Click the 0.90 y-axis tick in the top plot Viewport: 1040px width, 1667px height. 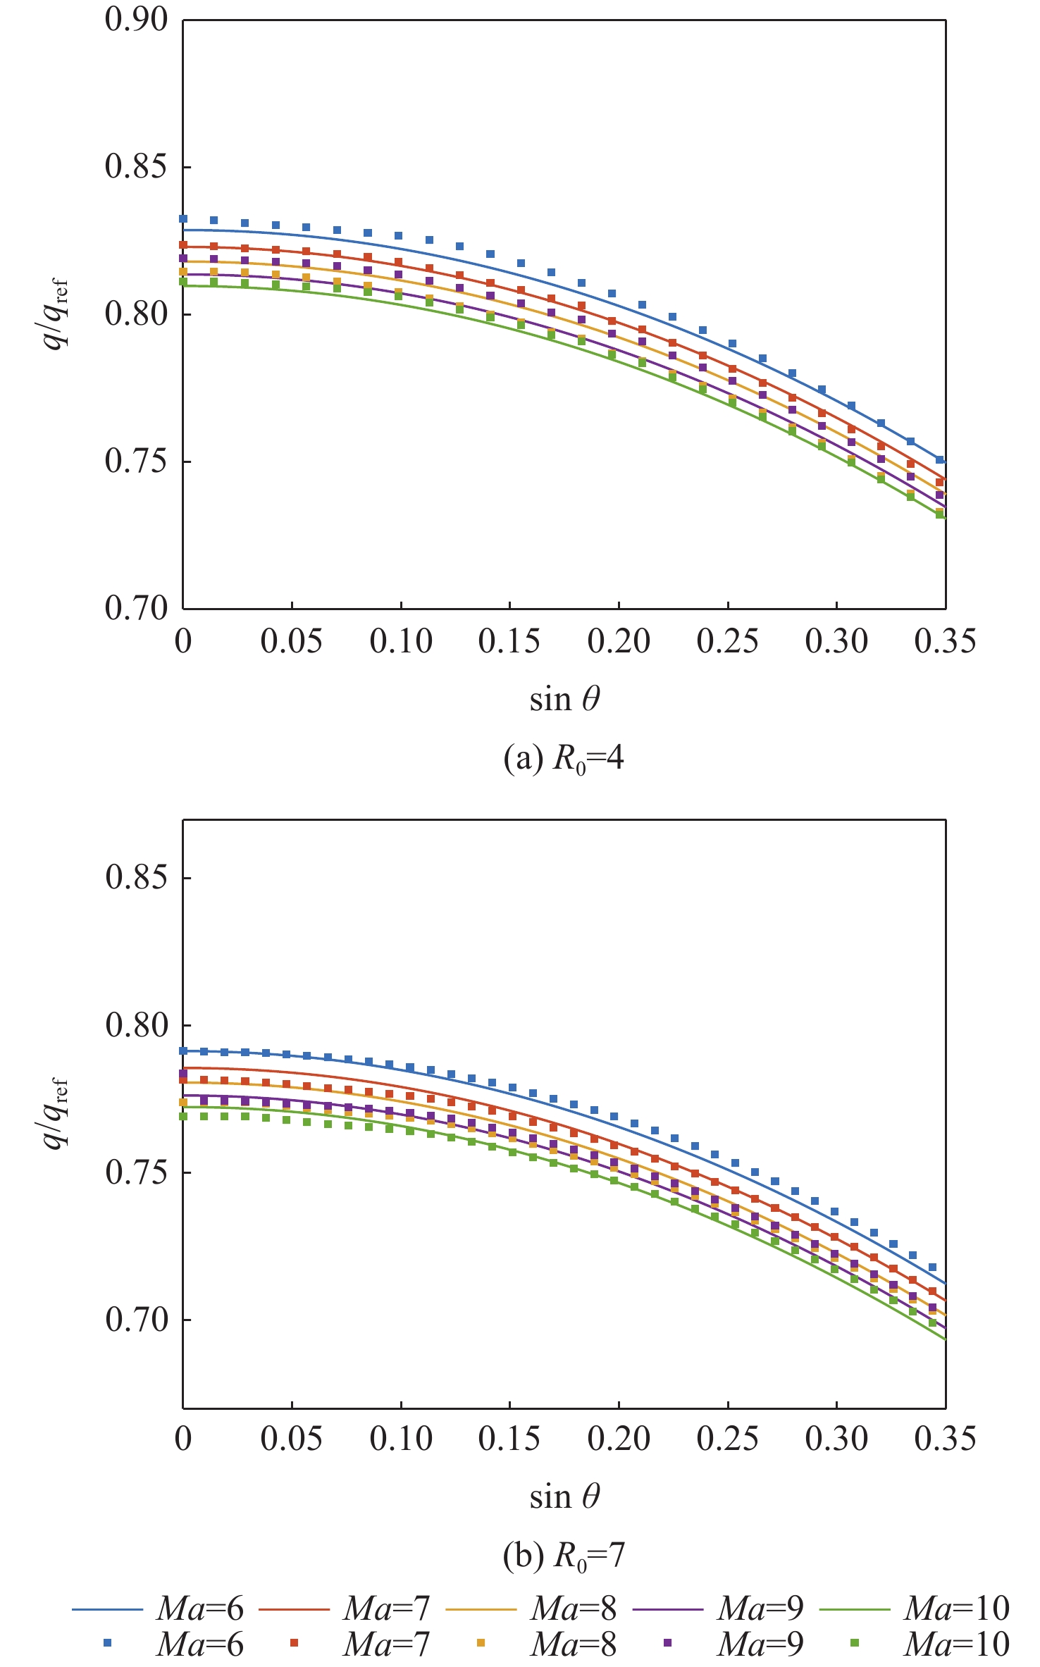pyautogui.click(x=137, y=20)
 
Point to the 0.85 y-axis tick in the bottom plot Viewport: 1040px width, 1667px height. pyautogui.click(x=137, y=877)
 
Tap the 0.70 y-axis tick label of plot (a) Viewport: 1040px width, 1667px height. pyautogui.click(x=137, y=608)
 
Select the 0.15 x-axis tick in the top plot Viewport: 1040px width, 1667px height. pyautogui.click(x=509, y=641)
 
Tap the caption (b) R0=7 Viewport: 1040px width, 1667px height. pyautogui.click(x=564, y=1556)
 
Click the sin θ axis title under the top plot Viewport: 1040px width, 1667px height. pyautogui.click(x=564, y=699)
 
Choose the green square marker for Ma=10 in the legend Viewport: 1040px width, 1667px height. pyautogui.click(x=855, y=1642)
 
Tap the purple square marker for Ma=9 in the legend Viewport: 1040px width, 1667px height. pyautogui.click(x=667, y=1642)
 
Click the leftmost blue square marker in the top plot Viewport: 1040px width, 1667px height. pyautogui.click(x=183, y=219)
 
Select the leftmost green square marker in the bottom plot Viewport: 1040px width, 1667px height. pyautogui.click(x=183, y=1116)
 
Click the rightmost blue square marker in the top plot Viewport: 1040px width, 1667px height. pyautogui.click(x=939, y=459)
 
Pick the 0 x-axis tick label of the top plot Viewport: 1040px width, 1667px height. pyautogui.click(x=183, y=641)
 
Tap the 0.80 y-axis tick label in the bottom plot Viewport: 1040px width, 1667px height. pyautogui.click(x=137, y=1024)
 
